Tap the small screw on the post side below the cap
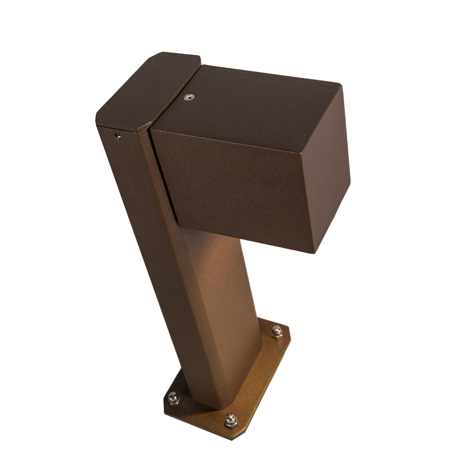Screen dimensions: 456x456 coord(117,135)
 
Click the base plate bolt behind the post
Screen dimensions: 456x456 coord(276,331)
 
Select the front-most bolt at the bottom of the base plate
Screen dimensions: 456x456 coord(230,422)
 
